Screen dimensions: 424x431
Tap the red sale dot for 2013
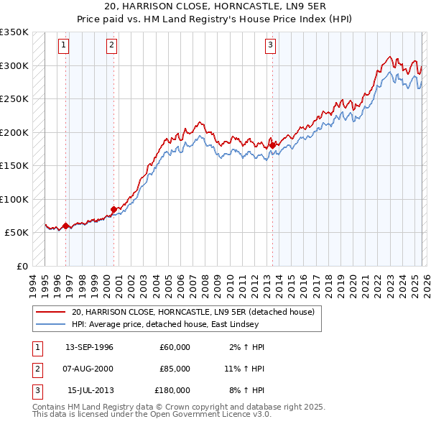(x=273, y=145)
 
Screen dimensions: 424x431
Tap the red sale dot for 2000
(x=113, y=209)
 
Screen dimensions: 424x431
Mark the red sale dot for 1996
(x=65, y=226)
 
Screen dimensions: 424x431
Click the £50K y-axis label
(x=17, y=233)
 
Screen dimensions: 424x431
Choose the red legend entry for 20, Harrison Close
(x=193, y=313)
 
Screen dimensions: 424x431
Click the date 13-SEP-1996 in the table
(x=89, y=347)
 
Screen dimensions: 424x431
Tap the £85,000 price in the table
(x=175, y=369)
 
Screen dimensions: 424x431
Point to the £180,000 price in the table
(x=172, y=390)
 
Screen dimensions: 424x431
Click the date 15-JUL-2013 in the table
(x=90, y=390)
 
